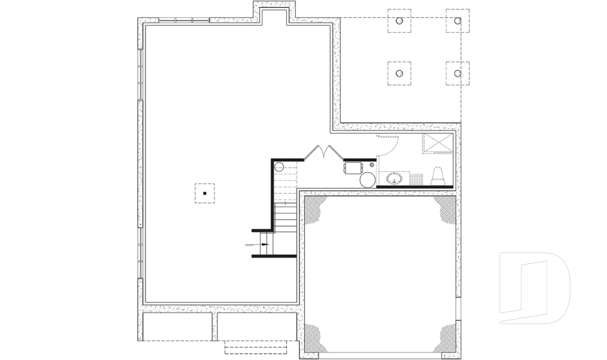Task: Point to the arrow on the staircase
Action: pyautogui.click(x=264, y=244)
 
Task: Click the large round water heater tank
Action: pyautogui.click(x=368, y=180)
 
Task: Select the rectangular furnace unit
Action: pyautogui.click(x=353, y=167)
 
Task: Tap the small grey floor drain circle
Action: pyautogui.click(x=372, y=164)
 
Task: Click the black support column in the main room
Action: pyautogui.click(x=205, y=193)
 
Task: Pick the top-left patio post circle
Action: pyautogui.click(x=399, y=21)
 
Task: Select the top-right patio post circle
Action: pyautogui.click(x=457, y=21)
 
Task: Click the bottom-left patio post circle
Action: pyautogui.click(x=399, y=73)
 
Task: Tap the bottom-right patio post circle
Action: pyautogui.click(x=457, y=73)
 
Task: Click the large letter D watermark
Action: pyautogui.click(x=534, y=288)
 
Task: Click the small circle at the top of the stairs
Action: pyautogui.click(x=279, y=167)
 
